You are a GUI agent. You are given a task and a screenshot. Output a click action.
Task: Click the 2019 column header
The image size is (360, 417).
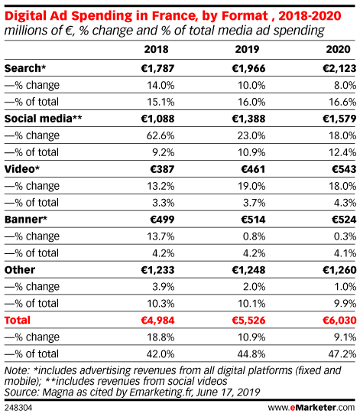pyautogui.click(x=247, y=50)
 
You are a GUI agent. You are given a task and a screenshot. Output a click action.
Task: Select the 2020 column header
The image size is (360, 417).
pyautogui.click(x=338, y=50)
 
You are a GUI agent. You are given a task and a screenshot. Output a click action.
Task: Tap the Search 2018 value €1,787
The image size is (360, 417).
pyautogui.click(x=157, y=69)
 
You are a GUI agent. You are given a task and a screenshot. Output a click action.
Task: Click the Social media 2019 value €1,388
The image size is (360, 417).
pyautogui.click(x=248, y=119)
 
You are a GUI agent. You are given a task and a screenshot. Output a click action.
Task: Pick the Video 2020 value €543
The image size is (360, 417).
pyautogui.click(x=344, y=169)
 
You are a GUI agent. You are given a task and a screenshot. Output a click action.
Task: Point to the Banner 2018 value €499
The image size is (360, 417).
pyautogui.click(x=162, y=220)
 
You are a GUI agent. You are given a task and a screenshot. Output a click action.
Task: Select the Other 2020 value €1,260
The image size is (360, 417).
pyautogui.click(x=339, y=270)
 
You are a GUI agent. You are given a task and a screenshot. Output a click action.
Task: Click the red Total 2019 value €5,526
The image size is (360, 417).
pyautogui.click(x=248, y=321)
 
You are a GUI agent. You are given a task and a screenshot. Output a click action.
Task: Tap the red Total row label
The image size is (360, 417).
pyautogui.click(x=18, y=321)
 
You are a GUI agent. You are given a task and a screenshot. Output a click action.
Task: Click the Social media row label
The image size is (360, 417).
pyautogui.click(x=43, y=119)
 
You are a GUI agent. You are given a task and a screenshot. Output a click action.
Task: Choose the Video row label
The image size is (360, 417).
pyautogui.click(x=22, y=169)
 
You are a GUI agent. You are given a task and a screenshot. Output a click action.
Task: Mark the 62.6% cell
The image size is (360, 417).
pyautogui.click(x=161, y=136)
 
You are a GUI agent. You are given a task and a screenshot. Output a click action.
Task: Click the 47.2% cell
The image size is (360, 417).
pyautogui.click(x=342, y=354)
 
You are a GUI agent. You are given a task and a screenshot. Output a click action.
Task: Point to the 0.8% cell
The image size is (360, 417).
pyautogui.click(x=254, y=236)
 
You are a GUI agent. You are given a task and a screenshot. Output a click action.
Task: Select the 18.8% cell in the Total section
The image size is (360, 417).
pyautogui.click(x=161, y=337)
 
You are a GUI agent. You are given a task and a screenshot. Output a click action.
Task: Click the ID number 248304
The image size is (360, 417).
pyautogui.click(x=18, y=408)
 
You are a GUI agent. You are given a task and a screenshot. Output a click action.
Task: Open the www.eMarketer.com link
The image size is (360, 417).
pyautogui.click(x=311, y=408)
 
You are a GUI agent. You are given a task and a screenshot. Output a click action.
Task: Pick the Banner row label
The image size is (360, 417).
pyautogui.click(x=26, y=220)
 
